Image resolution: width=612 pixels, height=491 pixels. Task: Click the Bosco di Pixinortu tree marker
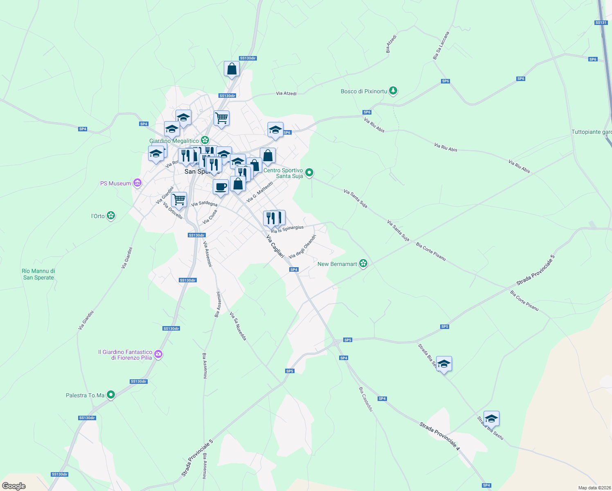coord(393,91)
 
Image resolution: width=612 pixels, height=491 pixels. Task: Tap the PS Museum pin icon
coord(137,183)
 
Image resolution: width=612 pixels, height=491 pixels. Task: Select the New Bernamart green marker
coord(363,264)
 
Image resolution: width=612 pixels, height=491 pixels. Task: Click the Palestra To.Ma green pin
coord(110,395)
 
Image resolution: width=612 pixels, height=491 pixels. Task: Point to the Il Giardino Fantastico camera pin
coord(158,354)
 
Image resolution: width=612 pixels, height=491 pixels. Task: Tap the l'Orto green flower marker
coord(110,216)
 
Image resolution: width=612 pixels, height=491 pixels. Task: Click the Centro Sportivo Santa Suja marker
coord(309,173)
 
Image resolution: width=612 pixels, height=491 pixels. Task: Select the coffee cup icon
coord(220,187)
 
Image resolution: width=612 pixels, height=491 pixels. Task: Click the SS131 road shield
coord(601,23)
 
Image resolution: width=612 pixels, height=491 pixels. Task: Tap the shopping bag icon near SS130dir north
coord(232,69)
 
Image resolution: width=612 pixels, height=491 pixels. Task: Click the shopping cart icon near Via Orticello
coord(179,200)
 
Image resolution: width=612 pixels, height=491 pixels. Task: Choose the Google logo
coord(13,486)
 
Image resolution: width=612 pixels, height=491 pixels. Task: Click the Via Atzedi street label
coord(286,94)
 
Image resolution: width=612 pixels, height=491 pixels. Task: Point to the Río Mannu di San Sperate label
coord(38,274)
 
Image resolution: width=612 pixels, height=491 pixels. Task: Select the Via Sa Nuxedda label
coord(238,326)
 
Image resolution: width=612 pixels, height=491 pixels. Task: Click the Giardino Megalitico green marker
coord(205,141)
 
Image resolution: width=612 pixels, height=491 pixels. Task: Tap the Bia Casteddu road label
coord(366,399)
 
